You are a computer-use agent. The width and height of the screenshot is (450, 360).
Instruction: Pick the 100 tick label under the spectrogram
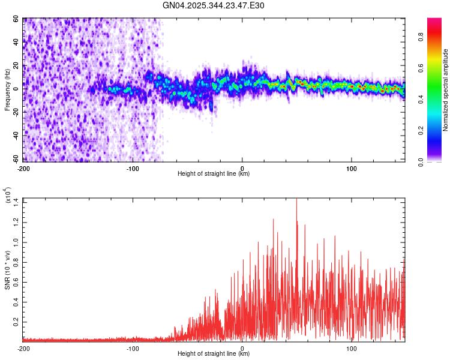[351, 168]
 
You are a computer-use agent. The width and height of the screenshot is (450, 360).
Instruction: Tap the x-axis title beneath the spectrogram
[214, 174]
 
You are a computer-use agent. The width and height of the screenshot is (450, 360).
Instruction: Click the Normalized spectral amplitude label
[445, 90]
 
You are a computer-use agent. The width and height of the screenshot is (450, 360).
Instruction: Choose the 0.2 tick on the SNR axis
[16, 322]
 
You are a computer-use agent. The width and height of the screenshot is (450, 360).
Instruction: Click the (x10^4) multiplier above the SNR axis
[8, 196]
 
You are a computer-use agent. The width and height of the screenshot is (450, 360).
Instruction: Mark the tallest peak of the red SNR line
[296, 200]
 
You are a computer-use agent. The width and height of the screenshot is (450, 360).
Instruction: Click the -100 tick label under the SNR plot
[133, 348]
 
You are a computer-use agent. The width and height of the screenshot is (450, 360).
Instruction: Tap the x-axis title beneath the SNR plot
[214, 354]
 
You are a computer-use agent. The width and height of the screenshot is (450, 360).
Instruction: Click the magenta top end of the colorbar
[434, 21]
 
